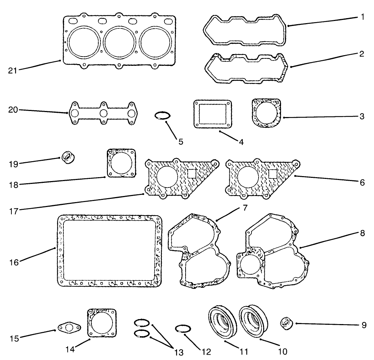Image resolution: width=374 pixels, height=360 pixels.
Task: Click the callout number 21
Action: (x=13, y=70)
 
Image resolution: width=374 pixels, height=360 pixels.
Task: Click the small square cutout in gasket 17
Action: (x=192, y=173)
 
